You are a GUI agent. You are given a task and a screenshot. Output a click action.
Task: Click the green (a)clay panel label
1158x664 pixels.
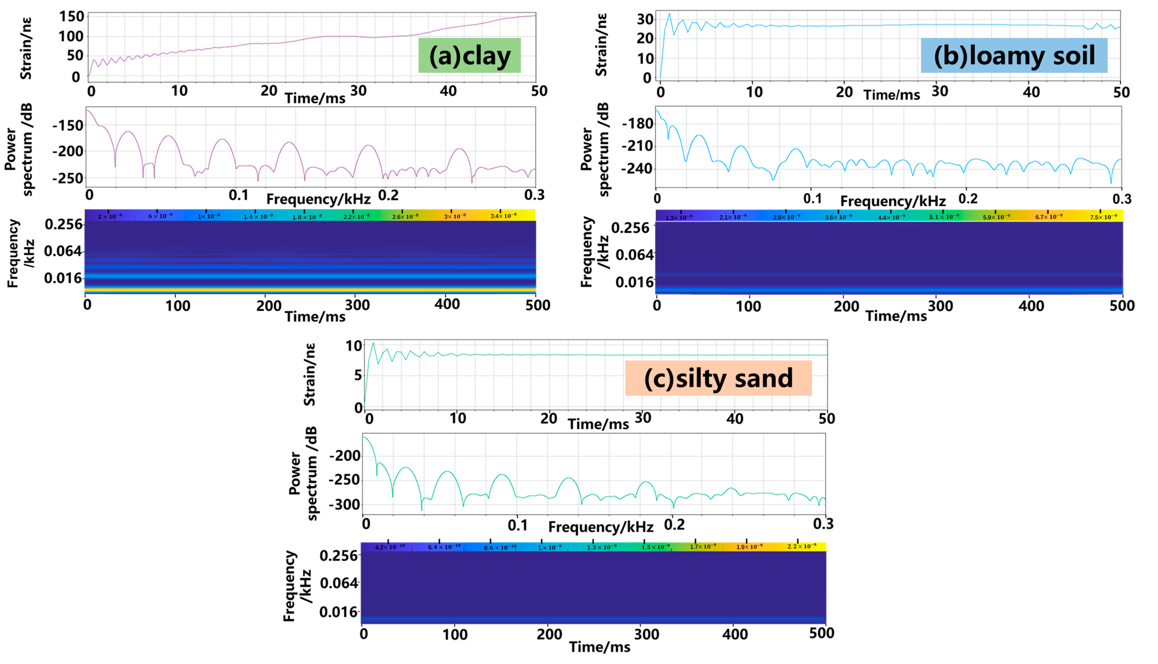click(x=469, y=56)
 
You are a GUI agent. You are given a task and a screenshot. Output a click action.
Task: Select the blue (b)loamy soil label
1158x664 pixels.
click(x=1014, y=56)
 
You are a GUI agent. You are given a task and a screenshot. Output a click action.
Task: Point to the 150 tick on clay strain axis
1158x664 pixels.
click(x=72, y=17)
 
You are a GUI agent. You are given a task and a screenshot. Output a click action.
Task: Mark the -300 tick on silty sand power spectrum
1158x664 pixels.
click(x=344, y=504)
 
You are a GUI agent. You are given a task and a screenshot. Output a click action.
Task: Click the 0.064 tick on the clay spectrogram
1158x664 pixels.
click(x=63, y=251)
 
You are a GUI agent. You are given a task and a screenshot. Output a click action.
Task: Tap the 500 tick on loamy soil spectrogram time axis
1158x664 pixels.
click(x=1121, y=306)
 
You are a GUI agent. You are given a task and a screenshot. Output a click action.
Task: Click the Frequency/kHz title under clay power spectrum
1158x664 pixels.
click(x=318, y=199)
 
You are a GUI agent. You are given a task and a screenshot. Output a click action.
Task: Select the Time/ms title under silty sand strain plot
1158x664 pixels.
click(x=598, y=424)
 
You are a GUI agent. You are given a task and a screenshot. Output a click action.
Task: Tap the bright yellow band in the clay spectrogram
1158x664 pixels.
click(x=310, y=290)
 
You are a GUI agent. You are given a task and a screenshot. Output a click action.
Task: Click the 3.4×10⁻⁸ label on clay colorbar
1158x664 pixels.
click(x=503, y=216)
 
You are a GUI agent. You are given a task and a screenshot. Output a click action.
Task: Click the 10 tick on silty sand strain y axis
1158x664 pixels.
click(x=354, y=346)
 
